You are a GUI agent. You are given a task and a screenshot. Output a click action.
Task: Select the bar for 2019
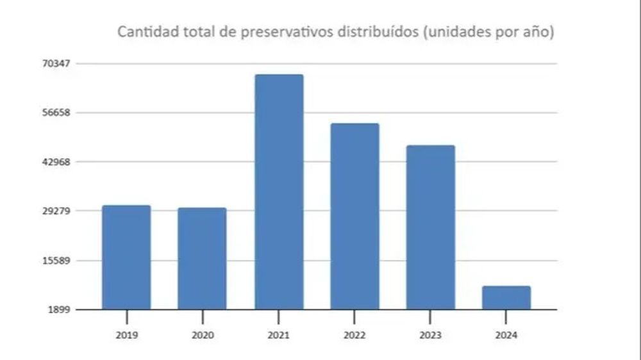click(x=126, y=257)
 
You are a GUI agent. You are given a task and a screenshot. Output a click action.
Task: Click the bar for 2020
click(x=202, y=258)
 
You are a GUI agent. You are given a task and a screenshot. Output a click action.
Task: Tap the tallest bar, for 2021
click(x=279, y=192)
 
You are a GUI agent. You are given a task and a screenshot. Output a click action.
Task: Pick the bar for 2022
click(x=354, y=216)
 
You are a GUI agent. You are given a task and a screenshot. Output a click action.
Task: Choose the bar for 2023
click(x=431, y=227)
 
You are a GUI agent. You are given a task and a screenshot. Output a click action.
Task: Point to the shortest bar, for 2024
click(x=506, y=297)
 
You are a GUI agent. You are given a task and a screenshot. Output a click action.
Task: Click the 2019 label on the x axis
click(x=127, y=335)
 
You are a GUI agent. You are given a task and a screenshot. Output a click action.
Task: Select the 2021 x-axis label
click(x=279, y=335)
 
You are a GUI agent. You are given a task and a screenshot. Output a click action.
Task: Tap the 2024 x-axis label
click(x=506, y=335)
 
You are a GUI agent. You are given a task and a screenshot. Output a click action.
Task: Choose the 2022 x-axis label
click(x=354, y=335)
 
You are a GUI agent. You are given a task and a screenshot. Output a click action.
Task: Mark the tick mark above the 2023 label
click(x=431, y=316)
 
